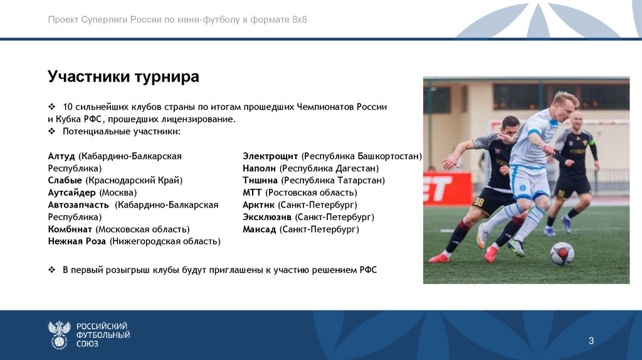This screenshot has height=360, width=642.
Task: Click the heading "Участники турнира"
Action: pyautogui.click(x=124, y=77)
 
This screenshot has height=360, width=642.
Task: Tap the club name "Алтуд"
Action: pyautogui.click(x=61, y=156)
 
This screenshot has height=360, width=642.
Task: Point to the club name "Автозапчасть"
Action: pyautogui.click(x=78, y=204)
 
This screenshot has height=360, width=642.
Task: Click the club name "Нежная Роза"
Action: pyautogui.click(x=77, y=241)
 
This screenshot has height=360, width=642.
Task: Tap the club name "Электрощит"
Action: pyautogui.click(x=270, y=156)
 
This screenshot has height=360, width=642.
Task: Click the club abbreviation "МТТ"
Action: pyautogui.click(x=253, y=193)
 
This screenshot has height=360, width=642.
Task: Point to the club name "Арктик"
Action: pyautogui.click(x=258, y=204)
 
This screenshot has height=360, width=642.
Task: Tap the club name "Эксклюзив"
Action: pyautogui.click(x=267, y=217)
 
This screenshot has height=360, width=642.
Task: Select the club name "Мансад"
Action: pyautogui.click(x=260, y=230)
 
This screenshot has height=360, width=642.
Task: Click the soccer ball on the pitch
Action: pyautogui.click(x=562, y=254)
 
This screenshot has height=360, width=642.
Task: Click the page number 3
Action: pyautogui.click(x=591, y=341)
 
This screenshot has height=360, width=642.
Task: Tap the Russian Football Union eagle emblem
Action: pyautogui.click(x=59, y=335)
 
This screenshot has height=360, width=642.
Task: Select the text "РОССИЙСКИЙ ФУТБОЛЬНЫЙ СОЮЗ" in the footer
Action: pyautogui.click(x=103, y=335)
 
